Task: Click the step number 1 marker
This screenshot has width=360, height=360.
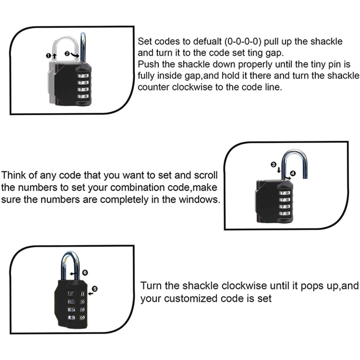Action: (48, 55)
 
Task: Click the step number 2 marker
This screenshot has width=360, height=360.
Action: (67, 54)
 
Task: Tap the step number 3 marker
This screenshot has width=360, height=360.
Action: (274, 165)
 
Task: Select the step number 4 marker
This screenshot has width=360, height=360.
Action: (293, 173)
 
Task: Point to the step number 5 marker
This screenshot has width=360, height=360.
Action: (95, 289)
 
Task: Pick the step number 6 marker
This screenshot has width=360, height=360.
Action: (85, 273)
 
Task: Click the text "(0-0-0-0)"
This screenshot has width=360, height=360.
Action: (243, 41)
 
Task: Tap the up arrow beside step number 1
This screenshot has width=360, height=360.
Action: (54, 55)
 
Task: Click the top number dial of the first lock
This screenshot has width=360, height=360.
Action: (83, 76)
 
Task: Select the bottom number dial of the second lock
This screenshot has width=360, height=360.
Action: (285, 213)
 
